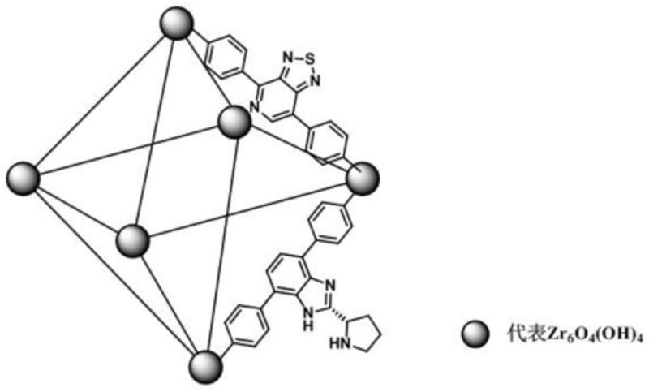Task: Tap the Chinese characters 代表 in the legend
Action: [509, 334]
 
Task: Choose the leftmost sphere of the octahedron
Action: [23, 178]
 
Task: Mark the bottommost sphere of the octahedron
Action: [205, 364]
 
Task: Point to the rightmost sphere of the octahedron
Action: [363, 178]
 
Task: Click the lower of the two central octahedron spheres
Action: [133, 241]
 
